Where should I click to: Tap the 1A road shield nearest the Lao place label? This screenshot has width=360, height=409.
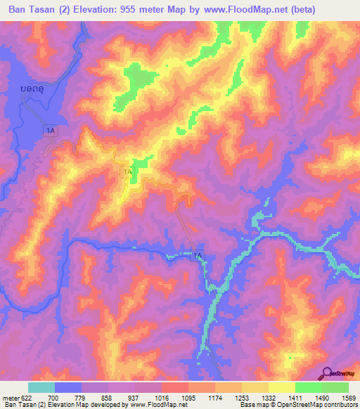(49, 130)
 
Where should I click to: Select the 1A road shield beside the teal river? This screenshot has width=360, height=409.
(199, 257)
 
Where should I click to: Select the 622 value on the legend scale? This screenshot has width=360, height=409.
(28, 398)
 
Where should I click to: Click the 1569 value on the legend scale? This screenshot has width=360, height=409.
(347, 398)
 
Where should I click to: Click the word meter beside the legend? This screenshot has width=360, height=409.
(10, 398)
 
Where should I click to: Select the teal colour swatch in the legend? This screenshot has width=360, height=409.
(41, 387)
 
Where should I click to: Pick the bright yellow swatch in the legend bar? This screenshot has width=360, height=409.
(281, 387)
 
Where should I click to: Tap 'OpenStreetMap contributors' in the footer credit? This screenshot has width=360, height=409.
(323, 405)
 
